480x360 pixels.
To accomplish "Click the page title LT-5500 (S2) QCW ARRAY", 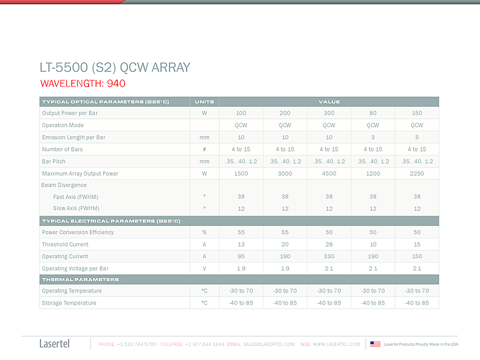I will pos(115,67).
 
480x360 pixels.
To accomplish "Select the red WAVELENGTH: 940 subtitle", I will pos(83,83).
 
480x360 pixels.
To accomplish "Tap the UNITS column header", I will pos(204,102).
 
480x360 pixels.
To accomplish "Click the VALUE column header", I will pos(329,102).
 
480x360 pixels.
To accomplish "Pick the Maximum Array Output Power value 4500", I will pos(329,173).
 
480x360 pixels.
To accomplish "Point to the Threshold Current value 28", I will pos(329,244).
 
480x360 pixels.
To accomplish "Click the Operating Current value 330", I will pos(329,256).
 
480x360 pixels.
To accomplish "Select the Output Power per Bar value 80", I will pos(373,113).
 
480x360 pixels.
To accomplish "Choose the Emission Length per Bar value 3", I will pos(373,137).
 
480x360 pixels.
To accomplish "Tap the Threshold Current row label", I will pos(65,244).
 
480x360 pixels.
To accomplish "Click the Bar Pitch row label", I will pos(53,162).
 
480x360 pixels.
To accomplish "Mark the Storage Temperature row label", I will pos(69,303).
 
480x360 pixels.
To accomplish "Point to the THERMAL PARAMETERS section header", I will pos(80,279).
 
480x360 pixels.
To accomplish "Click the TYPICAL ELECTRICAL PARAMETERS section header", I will pos(111,221).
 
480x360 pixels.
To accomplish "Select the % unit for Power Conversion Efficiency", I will pos(204,232).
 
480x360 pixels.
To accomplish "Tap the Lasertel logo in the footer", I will pos(55,344).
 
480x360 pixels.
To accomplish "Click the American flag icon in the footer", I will pos(375,344).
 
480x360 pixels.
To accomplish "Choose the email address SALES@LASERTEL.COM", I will pos(269,344).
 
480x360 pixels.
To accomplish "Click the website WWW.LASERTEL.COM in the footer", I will pos(336,344).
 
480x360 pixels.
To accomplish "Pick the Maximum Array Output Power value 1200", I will pos(373,173).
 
